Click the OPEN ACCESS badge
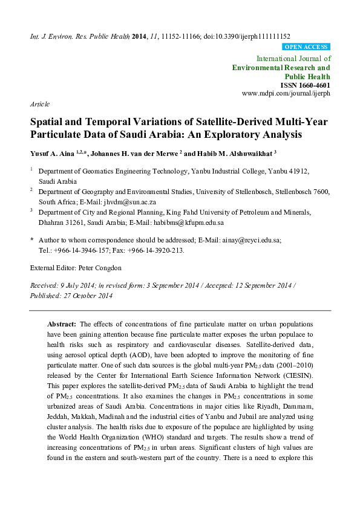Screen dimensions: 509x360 pyautogui.click(x=306, y=47)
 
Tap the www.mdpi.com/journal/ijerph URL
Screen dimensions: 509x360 pyautogui.click(x=286, y=94)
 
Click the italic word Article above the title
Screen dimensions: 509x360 pyautogui.click(x=39, y=104)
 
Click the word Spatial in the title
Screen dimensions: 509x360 pyautogui.click(x=48, y=122)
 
